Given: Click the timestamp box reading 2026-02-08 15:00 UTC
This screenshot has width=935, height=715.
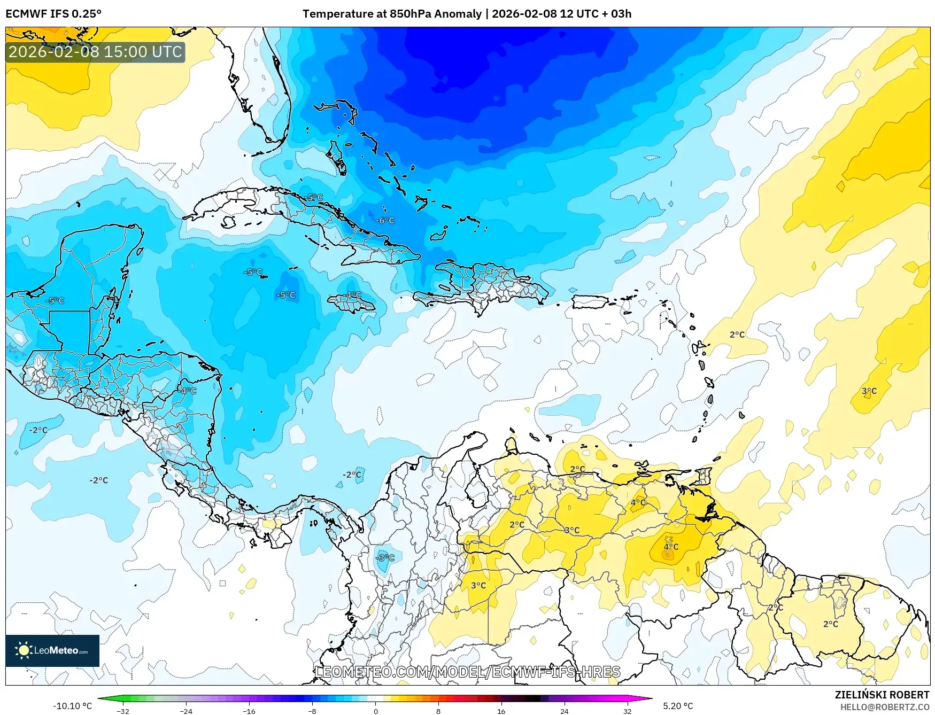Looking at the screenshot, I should (95, 52).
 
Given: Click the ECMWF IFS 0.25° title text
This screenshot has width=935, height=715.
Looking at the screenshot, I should (53, 14).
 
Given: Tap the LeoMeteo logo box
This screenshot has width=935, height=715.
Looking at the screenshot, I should (52, 650).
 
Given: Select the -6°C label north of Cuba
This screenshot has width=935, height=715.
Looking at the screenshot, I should (385, 220).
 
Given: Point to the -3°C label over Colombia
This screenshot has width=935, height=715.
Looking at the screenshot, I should (384, 558).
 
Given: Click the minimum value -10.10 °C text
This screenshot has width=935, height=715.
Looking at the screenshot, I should (72, 706).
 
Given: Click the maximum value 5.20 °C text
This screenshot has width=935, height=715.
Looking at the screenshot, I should (678, 706).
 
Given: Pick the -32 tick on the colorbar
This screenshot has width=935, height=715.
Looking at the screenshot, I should (123, 711).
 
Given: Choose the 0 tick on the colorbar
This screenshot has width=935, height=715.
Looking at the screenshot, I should (375, 711).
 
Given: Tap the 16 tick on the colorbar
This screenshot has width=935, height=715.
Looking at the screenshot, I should (501, 711).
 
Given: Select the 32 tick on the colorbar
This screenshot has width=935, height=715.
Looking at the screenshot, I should (627, 711).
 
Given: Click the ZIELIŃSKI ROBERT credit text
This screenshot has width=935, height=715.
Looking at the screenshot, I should (882, 695).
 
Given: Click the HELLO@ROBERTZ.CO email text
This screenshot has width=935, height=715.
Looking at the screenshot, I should (884, 707).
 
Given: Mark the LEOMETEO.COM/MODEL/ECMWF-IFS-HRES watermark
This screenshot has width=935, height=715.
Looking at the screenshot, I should (468, 672).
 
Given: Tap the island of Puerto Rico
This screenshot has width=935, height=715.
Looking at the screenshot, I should (591, 302).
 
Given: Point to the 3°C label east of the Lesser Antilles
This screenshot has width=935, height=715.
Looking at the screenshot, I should (869, 391).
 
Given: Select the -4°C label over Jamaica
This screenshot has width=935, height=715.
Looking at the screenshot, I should (353, 295).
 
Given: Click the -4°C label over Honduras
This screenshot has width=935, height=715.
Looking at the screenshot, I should (188, 391).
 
